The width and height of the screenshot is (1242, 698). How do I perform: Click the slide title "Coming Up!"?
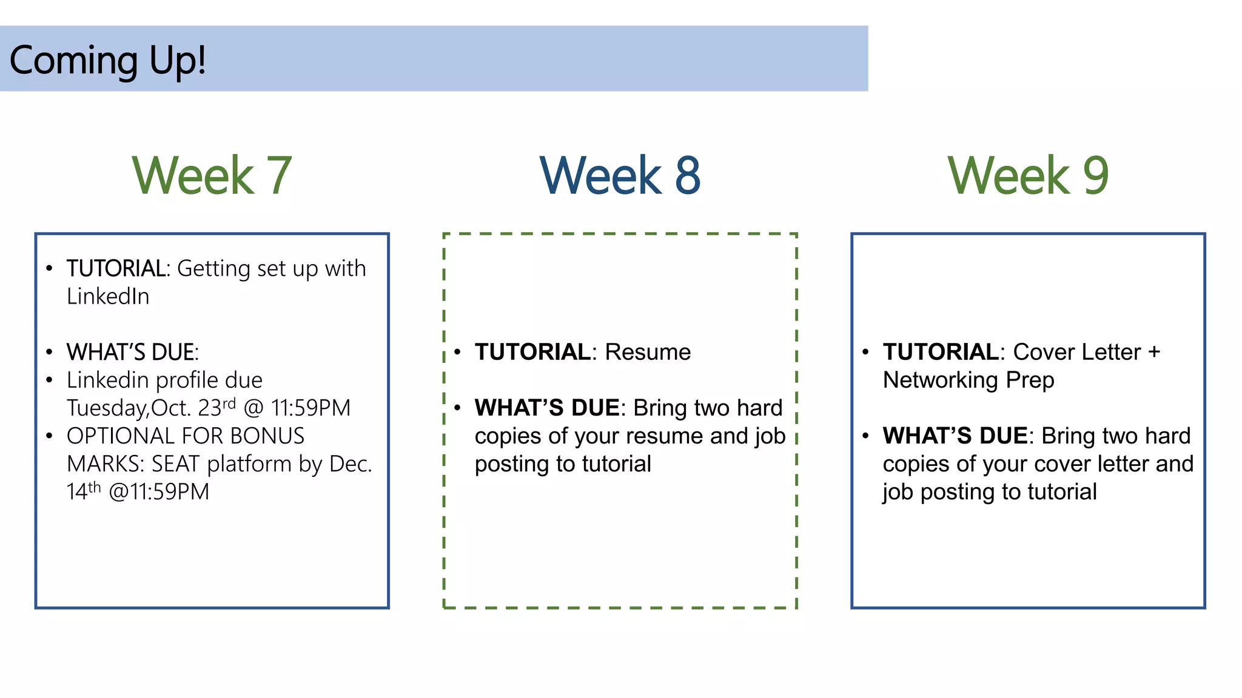pos(107,61)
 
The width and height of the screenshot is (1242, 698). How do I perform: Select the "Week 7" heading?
pos(212,175)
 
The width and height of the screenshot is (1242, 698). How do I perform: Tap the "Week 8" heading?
pos(620,175)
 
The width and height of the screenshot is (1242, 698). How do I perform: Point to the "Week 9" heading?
pos(1028,175)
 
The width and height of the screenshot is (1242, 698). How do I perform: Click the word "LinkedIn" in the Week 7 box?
pos(108,296)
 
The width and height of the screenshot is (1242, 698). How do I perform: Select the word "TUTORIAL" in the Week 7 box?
pos(116,268)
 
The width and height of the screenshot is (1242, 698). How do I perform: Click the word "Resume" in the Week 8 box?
pos(648,352)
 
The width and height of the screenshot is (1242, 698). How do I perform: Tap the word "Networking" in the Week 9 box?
pos(940,380)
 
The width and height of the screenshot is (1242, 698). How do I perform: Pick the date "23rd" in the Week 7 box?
pos(217,407)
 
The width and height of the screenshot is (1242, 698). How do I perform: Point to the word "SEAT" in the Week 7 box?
pos(175,464)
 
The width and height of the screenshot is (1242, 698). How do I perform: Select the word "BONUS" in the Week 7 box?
pos(267,436)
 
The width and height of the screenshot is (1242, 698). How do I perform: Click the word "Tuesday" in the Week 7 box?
pos(107,408)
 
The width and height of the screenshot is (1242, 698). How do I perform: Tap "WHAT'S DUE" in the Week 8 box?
pos(547,408)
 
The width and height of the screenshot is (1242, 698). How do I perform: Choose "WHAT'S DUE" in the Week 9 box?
pos(955,436)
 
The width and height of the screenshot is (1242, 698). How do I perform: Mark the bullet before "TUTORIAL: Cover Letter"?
pos(865,352)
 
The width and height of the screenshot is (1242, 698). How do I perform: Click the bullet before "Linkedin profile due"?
pos(50,380)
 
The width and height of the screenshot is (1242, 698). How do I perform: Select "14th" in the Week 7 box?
pos(83,491)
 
